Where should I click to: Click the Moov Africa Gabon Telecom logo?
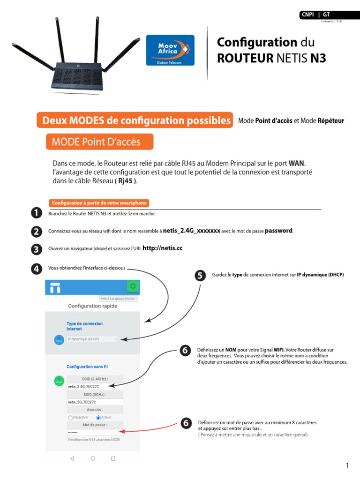coord(170,50)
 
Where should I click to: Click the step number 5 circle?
coord(200,276)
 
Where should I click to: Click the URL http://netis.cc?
coord(162,248)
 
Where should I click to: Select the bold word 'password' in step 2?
coord(279,231)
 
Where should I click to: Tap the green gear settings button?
coord(133,286)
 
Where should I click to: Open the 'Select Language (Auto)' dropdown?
coord(119,299)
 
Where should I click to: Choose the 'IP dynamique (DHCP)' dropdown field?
coord(92,339)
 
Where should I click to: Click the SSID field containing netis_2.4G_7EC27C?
coord(95,386)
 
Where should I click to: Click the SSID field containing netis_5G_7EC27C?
coord(95,402)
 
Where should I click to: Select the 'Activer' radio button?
coord(98,417)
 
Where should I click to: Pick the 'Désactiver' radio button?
coord(70,417)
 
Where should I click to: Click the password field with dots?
coord(95,432)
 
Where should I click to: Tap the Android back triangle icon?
coord(72,458)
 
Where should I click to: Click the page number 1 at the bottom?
coord(347,465)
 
